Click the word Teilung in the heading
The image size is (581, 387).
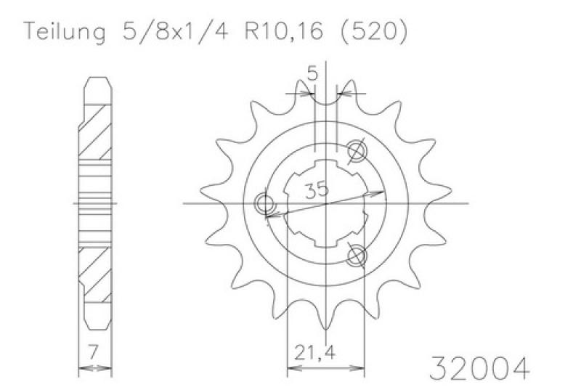65,32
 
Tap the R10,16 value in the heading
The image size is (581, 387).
284,31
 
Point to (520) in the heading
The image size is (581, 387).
374,31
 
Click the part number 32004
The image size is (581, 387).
479,367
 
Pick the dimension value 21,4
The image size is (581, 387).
315,352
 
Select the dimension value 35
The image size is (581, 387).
317,190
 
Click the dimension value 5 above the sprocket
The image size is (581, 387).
313,75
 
